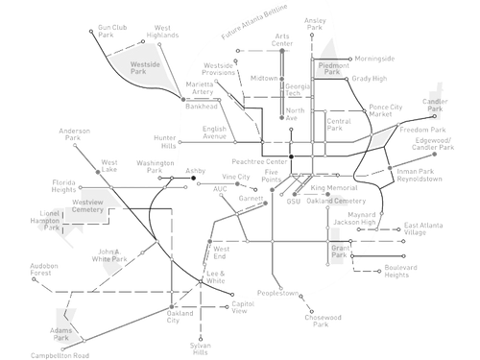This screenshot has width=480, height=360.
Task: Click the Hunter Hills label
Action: pyautogui.click(x=166, y=139)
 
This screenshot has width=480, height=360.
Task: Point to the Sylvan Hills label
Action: pyautogui.click(x=201, y=347)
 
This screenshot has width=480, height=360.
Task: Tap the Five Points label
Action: pyautogui.click(x=273, y=179)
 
